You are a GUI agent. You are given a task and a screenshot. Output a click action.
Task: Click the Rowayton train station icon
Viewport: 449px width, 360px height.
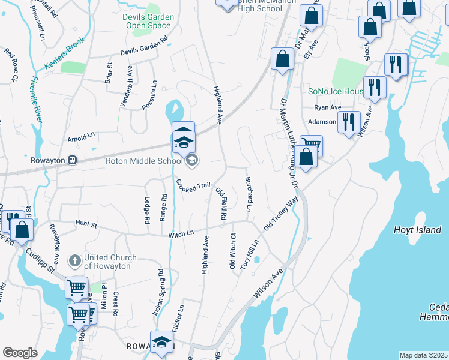click(71, 160)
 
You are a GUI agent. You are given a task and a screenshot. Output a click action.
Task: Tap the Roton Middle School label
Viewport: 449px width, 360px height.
click(144, 160)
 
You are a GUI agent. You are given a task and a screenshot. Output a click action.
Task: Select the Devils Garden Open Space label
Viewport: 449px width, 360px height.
click(148, 22)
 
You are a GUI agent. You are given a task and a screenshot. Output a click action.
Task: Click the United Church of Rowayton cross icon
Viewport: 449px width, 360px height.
click(74, 261)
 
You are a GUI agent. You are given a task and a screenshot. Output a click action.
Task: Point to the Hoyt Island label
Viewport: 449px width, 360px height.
click(417, 230)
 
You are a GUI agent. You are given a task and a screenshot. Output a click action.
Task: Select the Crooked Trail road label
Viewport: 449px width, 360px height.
click(193, 185)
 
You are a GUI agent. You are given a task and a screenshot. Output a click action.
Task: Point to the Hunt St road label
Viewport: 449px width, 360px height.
click(86, 224)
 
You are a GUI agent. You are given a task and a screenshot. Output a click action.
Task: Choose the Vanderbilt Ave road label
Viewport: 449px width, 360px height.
click(125, 90)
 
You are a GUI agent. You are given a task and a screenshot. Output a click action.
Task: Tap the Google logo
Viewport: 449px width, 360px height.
click(20, 353)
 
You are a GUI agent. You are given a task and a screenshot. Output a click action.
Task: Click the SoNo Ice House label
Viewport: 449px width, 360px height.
click(336, 91)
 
